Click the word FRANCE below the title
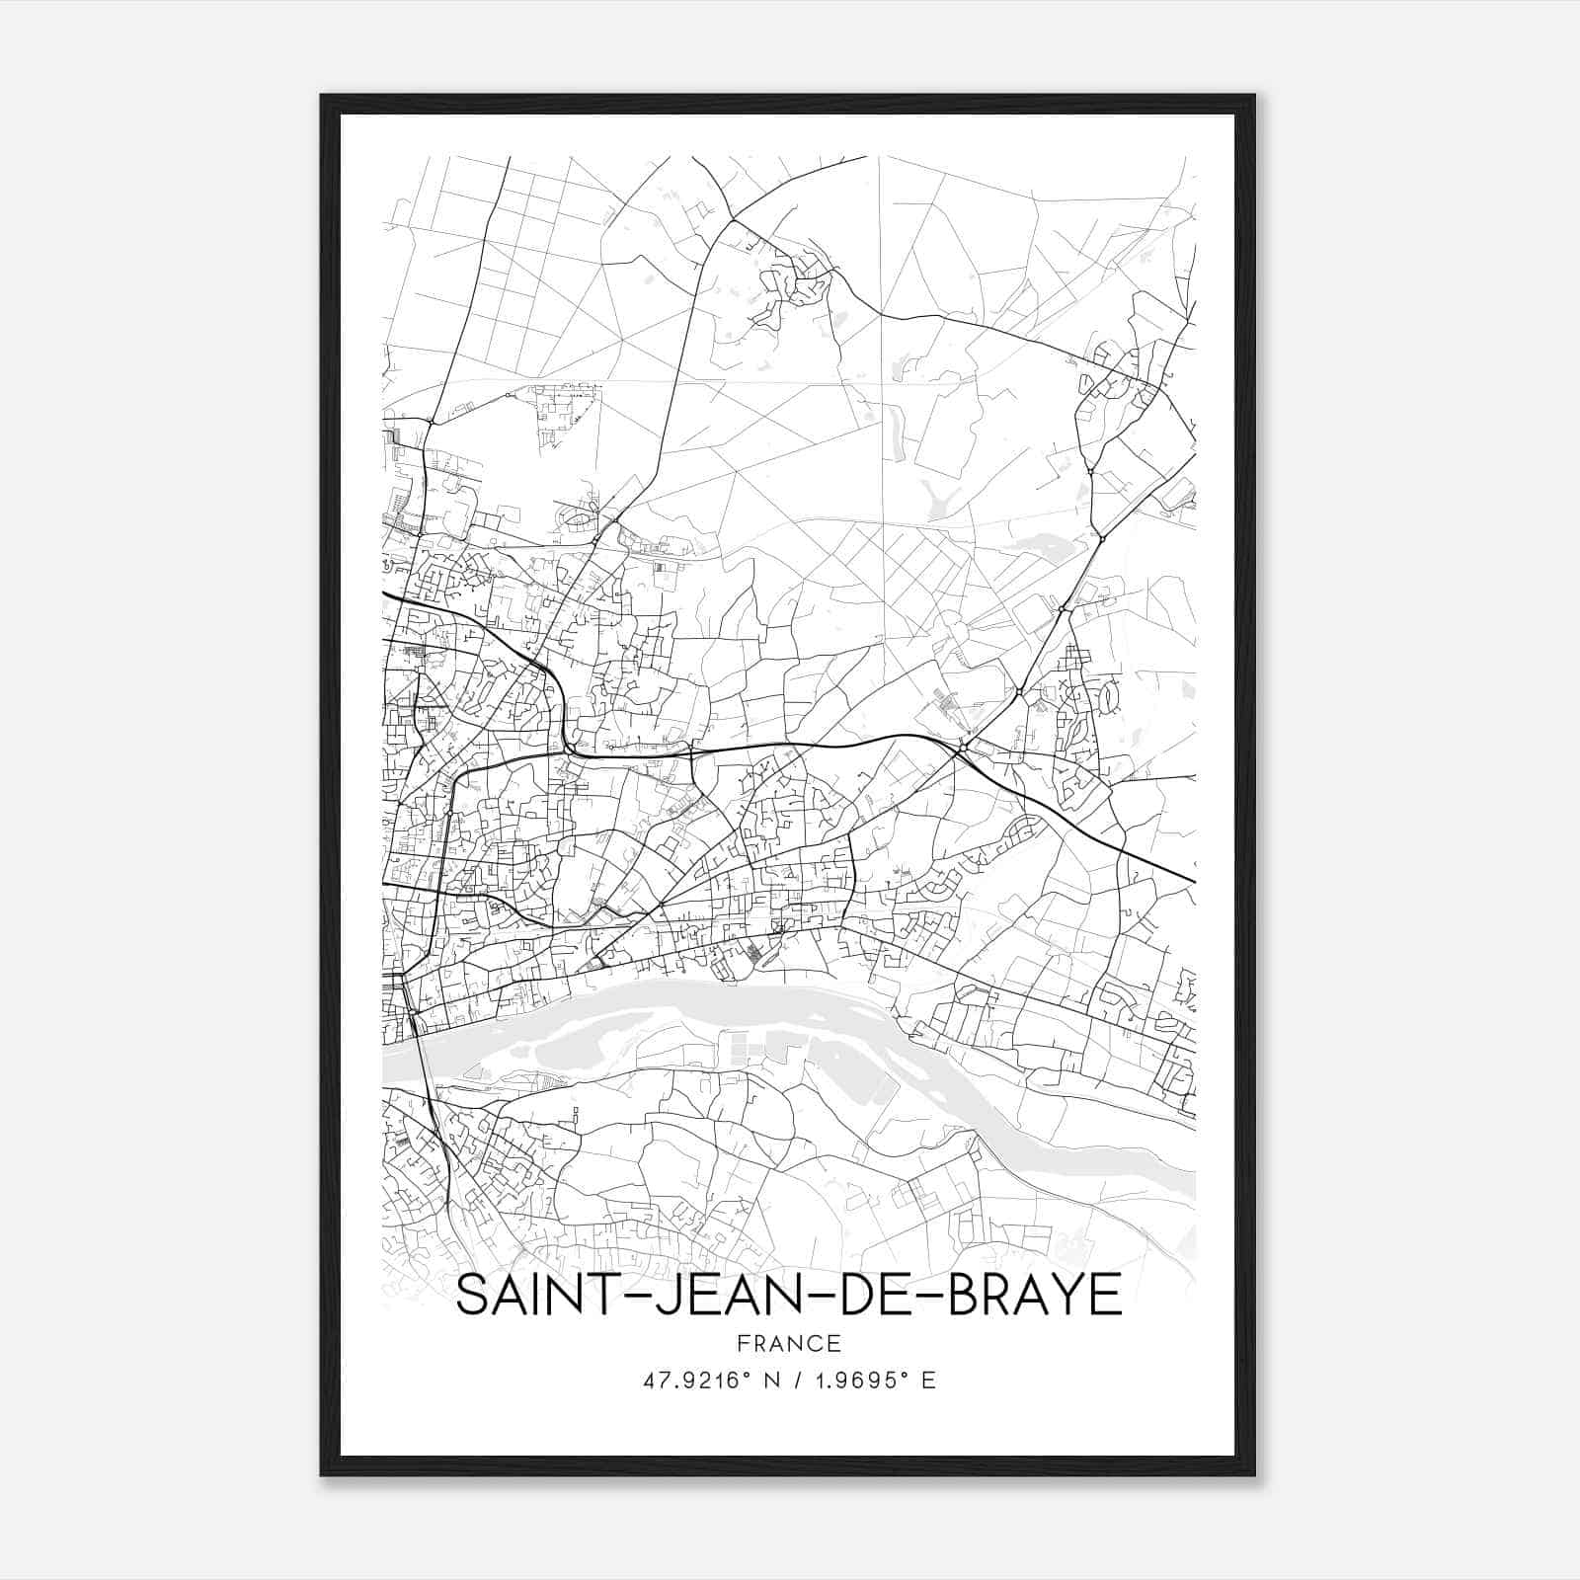point(788,1343)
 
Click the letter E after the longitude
point(928,1381)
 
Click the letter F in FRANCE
point(740,1343)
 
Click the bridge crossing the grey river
point(423,1052)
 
